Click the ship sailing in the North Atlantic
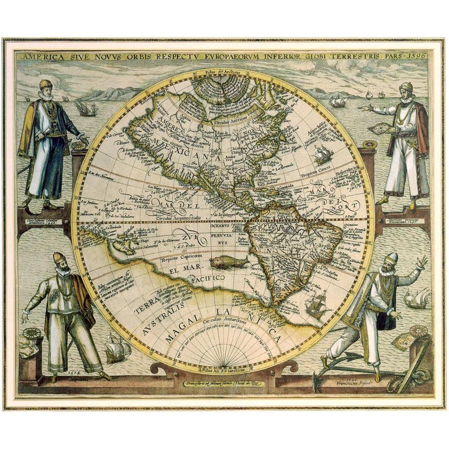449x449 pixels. pyautogui.click(x=323, y=154)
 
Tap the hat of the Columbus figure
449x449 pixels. pyautogui.click(x=46, y=84)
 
